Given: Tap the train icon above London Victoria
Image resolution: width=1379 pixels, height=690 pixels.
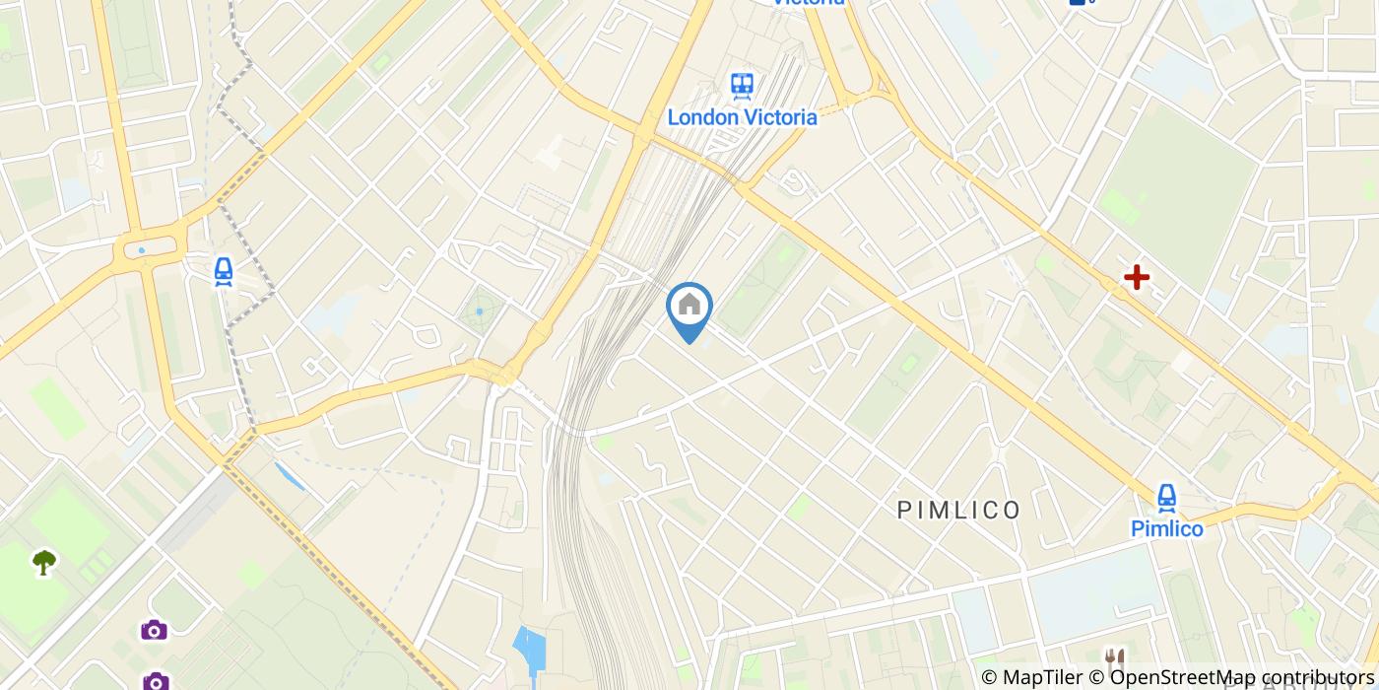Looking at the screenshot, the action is (x=743, y=86).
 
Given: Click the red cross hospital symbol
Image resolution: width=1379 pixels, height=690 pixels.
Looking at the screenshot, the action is (x=1137, y=277).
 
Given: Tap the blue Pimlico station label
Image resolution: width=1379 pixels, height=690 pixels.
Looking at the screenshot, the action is (x=1167, y=529).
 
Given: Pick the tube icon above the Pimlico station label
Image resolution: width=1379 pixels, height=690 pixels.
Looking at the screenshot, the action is (x=1167, y=497).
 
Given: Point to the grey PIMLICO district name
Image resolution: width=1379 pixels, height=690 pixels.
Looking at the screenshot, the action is (x=958, y=510).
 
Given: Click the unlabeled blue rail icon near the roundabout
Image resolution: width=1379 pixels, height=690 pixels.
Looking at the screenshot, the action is (x=224, y=271).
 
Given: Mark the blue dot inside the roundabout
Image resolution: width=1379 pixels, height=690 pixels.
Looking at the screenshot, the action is (x=142, y=250).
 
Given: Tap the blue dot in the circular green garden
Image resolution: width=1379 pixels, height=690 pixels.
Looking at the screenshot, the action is (x=480, y=311).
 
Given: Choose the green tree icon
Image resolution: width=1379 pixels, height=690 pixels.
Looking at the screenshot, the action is (x=44, y=562).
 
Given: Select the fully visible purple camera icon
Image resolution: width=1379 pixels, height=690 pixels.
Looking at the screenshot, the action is (x=154, y=629).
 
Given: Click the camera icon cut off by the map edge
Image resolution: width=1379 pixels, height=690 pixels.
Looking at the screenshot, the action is (x=156, y=681).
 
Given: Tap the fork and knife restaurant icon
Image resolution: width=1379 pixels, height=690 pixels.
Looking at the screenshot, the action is (x=1115, y=657).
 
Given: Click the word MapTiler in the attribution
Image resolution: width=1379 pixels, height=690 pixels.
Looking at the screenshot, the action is (x=1041, y=677).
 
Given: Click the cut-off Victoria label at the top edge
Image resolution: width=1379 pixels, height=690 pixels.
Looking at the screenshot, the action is (x=809, y=3).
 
